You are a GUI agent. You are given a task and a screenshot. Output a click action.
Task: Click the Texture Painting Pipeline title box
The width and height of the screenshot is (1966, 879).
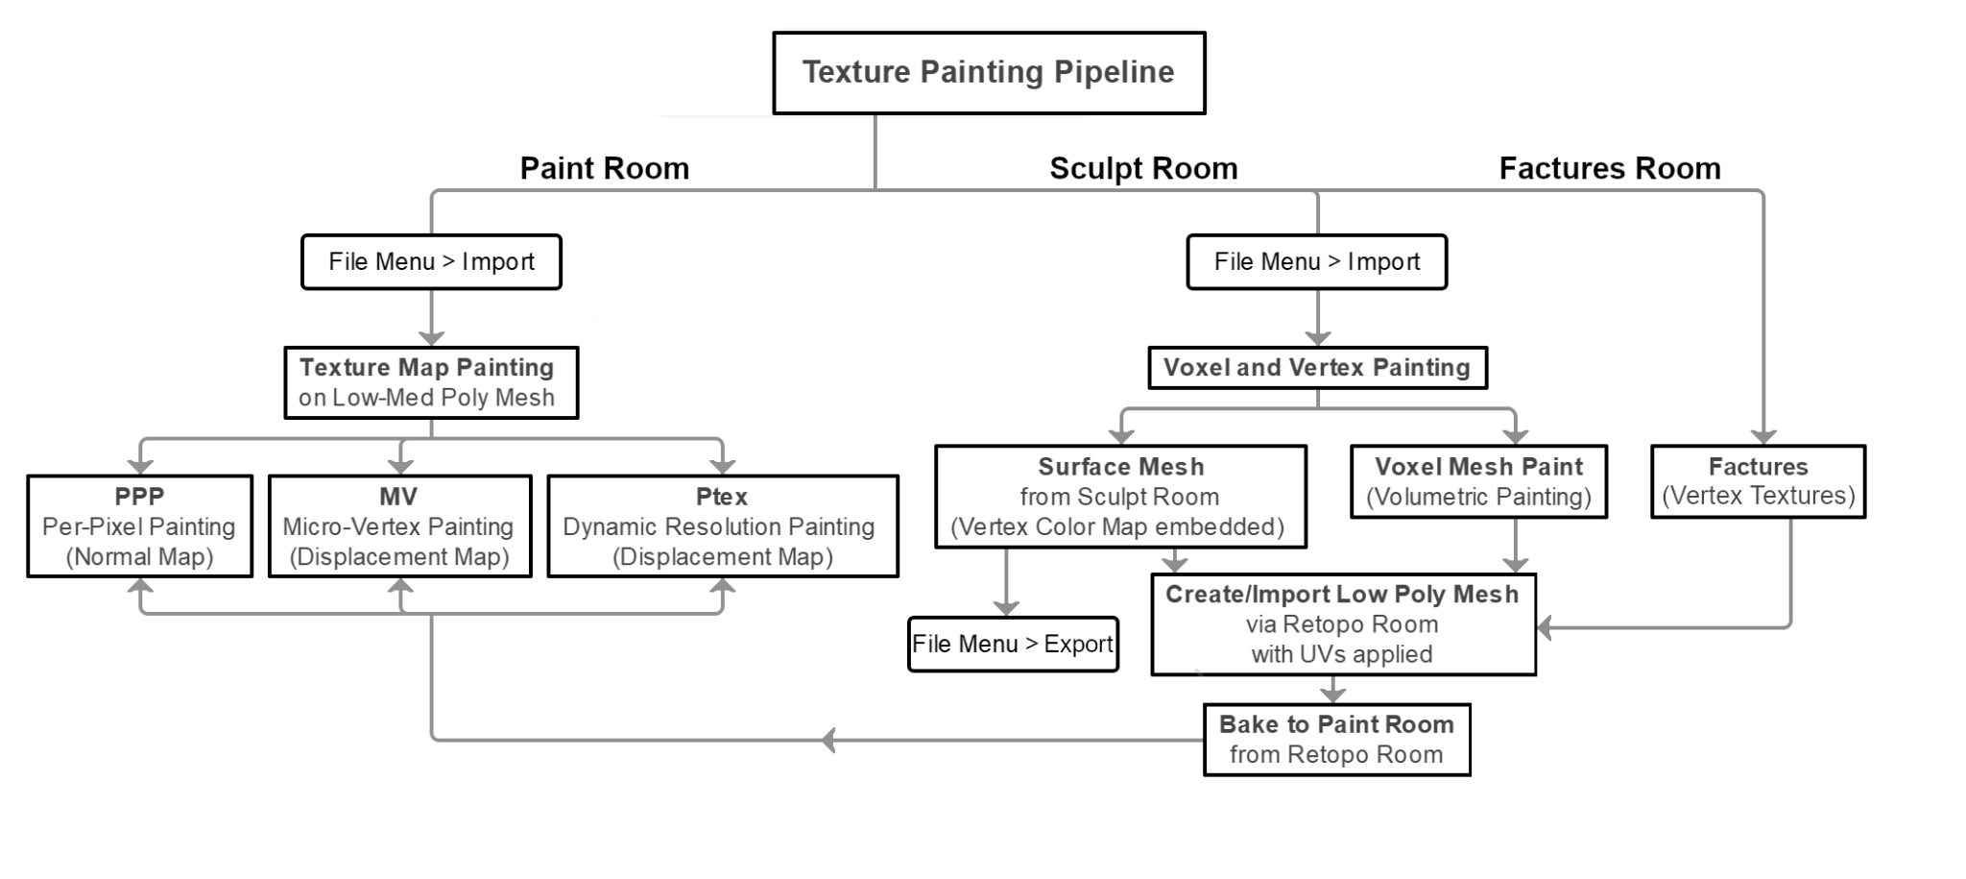point(989,73)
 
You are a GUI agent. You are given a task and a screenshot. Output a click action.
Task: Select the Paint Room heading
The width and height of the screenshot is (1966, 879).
point(604,168)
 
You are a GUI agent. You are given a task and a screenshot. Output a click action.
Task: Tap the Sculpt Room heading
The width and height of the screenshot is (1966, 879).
point(1143,168)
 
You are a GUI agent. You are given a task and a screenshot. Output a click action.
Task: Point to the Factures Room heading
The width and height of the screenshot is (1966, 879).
point(1609,168)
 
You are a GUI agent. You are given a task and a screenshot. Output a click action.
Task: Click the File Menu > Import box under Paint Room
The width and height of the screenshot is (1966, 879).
point(431,261)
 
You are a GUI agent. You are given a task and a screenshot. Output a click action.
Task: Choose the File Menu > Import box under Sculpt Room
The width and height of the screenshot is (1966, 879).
point(1316,261)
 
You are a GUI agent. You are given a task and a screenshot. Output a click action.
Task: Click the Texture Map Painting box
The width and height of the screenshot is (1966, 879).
point(431,382)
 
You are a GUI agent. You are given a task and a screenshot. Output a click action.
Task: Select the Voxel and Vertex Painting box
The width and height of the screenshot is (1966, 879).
point(1317,368)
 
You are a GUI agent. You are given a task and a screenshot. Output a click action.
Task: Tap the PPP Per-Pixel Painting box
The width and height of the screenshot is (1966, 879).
point(140,525)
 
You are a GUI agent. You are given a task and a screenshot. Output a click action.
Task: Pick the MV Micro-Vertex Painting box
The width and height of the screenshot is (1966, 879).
point(399,525)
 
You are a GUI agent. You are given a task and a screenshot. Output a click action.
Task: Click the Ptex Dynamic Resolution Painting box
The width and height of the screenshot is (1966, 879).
point(722,525)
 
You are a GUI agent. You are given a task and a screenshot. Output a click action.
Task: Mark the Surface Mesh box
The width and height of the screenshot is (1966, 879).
point(1120,496)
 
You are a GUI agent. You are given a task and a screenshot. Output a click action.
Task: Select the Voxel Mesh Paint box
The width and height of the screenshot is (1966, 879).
point(1478,481)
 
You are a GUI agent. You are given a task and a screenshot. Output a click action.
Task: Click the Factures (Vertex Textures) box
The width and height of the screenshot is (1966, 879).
point(1758,481)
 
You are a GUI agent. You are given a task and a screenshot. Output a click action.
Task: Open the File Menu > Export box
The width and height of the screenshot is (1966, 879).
point(1013,644)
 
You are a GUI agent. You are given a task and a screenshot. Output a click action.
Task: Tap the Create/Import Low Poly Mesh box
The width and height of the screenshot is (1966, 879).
point(1342,624)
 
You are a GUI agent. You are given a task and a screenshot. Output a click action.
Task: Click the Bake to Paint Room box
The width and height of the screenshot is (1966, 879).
point(1336,740)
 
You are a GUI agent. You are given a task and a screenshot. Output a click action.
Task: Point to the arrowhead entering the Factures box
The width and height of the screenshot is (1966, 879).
point(1763,437)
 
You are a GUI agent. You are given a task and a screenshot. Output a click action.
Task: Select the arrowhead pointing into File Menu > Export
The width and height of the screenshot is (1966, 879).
point(1006,608)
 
